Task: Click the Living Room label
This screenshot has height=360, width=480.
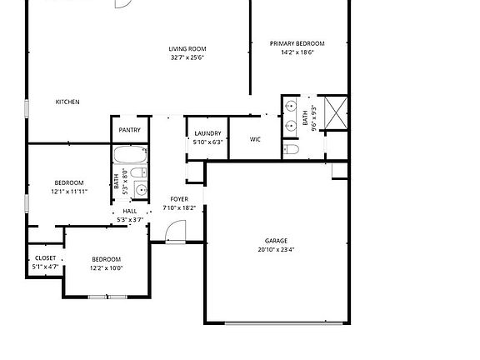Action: (x=187, y=48)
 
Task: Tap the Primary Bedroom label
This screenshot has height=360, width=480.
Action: (x=297, y=43)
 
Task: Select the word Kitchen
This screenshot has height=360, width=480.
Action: (x=67, y=102)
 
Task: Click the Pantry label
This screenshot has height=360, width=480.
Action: (x=129, y=130)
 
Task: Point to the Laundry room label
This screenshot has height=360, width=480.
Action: (x=207, y=133)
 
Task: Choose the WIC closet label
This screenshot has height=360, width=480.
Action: (x=256, y=139)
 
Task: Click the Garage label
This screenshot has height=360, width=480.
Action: (x=276, y=241)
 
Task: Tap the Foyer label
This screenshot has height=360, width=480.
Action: (x=179, y=199)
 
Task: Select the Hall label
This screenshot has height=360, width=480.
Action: (x=130, y=212)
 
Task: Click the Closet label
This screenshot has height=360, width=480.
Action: (x=45, y=258)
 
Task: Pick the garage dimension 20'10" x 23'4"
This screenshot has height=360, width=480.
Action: (x=276, y=249)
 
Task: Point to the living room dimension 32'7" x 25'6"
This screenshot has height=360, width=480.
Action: (x=187, y=57)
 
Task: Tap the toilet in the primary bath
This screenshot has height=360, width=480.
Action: (x=291, y=149)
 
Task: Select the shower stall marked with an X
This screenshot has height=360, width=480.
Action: (x=335, y=112)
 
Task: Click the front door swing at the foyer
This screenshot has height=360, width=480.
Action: (x=176, y=236)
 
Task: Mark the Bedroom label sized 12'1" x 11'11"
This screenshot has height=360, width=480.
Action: (x=68, y=182)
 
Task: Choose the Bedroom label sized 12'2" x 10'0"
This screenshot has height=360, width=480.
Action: (x=106, y=259)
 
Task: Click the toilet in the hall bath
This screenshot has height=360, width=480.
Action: (x=140, y=173)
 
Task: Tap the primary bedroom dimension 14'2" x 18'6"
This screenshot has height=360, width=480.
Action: (x=297, y=52)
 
